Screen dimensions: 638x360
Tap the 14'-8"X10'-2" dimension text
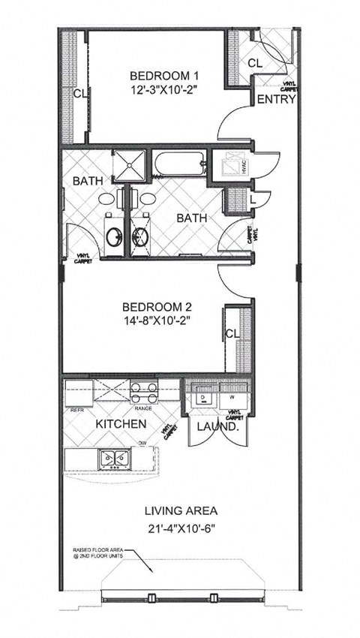click(158, 321)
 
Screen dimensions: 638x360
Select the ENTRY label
click(276, 100)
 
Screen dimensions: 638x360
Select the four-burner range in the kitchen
click(143, 393)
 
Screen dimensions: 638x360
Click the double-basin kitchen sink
click(114, 457)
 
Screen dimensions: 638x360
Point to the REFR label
click(76, 409)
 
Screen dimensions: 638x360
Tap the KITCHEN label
click(120, 424)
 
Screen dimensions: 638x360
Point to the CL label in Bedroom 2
click(232, 333)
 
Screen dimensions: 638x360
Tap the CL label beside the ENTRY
click(254, 63)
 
